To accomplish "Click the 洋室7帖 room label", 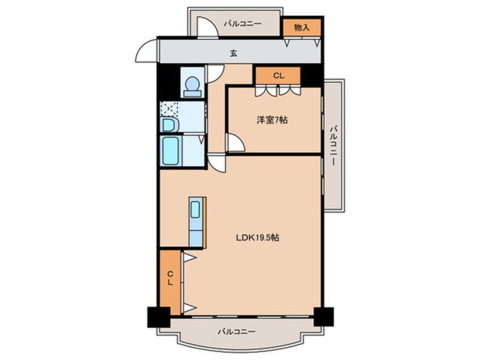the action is point(272,120).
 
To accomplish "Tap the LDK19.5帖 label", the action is point(257,237).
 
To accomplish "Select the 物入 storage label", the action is point(301,27).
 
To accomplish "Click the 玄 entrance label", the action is point(234,53).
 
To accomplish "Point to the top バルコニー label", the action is point(242,23).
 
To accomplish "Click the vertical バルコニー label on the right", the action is point(332,145).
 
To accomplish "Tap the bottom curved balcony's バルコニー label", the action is point(237,332).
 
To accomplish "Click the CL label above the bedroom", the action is point(279,76).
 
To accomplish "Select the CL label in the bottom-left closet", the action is point(170,278).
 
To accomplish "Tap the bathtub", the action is point(171,151).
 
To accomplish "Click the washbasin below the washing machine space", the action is point(169,125).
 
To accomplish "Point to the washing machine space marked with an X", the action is point(169,108).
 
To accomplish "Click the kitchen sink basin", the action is point(195,210).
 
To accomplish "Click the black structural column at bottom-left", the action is point(158,317).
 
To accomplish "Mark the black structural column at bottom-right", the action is point(323,316).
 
